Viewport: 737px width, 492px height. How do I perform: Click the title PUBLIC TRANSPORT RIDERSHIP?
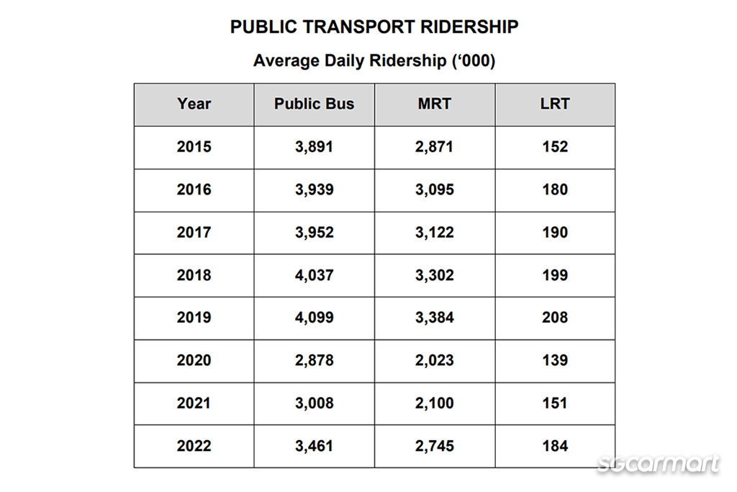tap(374, 27)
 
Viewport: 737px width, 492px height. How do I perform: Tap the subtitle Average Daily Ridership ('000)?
tap(374, 61)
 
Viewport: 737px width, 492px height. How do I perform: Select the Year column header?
tap(194, 104)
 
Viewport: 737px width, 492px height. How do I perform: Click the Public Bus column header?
tap(315, 104)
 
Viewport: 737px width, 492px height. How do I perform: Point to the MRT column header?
tap(435, 104)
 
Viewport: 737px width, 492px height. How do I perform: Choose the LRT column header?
tap(555, 104)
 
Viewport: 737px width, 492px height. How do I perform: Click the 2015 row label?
tap(194, 147)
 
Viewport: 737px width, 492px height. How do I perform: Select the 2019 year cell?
tap(194, 318)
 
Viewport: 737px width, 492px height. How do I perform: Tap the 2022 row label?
tap(194, 446)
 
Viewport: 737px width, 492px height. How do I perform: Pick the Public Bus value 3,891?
tap(315, 147)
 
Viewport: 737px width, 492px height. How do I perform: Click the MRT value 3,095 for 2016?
tap(435, 189)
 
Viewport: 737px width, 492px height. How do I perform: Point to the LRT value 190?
tap(555, 233)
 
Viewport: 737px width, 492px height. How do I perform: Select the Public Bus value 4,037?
tap(315, 275)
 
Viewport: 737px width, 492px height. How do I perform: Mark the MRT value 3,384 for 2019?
tap(435, 318)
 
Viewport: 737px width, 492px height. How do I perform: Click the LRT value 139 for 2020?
tap(555, 360)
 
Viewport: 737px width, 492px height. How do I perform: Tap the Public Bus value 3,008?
tap(315, 403)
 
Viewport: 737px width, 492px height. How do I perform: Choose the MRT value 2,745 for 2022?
tap(435, 446)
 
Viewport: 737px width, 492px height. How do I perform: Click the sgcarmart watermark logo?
tap(658, 464)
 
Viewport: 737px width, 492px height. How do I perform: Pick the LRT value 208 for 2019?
tap(555, 318)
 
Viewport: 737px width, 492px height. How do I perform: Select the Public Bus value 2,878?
tap(315, 360)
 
